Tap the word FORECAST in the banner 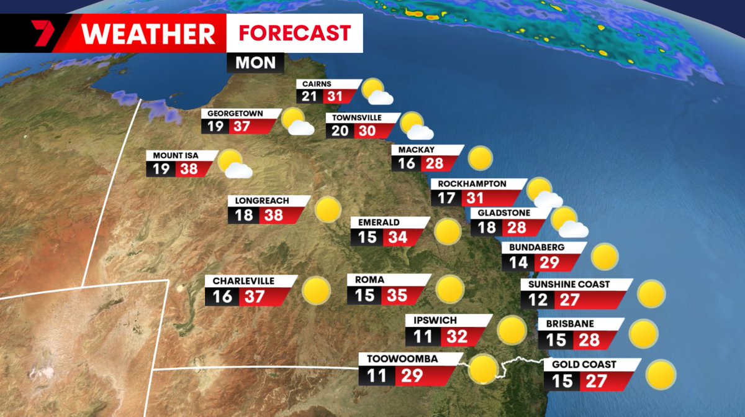(294, 32)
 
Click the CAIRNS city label (317, 84)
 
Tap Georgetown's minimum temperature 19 (215, 127)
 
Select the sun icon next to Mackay (480, 158)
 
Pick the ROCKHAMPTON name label (472, 184)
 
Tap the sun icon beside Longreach (327, 210)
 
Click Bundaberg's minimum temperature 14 (518, 262)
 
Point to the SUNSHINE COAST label (569, 284)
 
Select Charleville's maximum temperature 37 (254, 296)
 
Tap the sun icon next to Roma (449, 290)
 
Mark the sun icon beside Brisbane (643, 334)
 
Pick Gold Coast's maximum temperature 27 (595, 380)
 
